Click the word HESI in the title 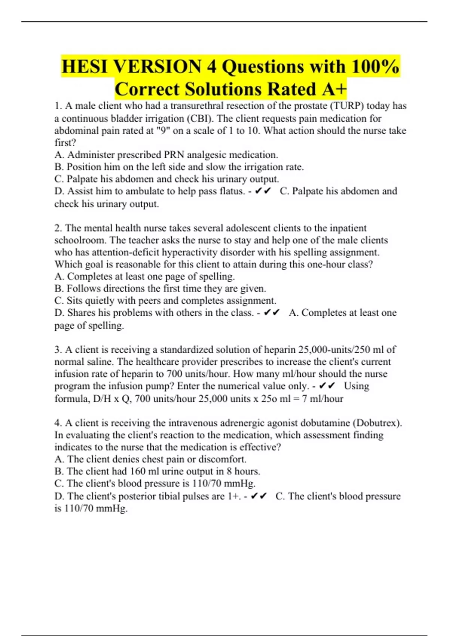point(85,67)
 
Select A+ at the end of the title point(334,89)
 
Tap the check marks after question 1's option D point(262,191)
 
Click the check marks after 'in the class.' point(272,313)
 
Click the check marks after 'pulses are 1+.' point(259,496)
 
